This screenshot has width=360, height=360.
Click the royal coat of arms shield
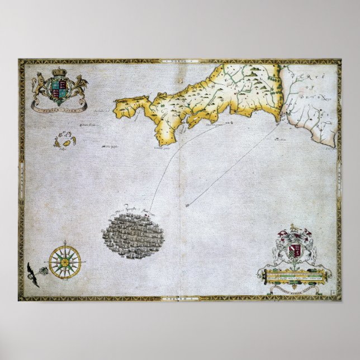[59, 87]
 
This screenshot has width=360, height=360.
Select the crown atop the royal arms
[59, 74]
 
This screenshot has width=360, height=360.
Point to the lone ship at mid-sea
[187, 205]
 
